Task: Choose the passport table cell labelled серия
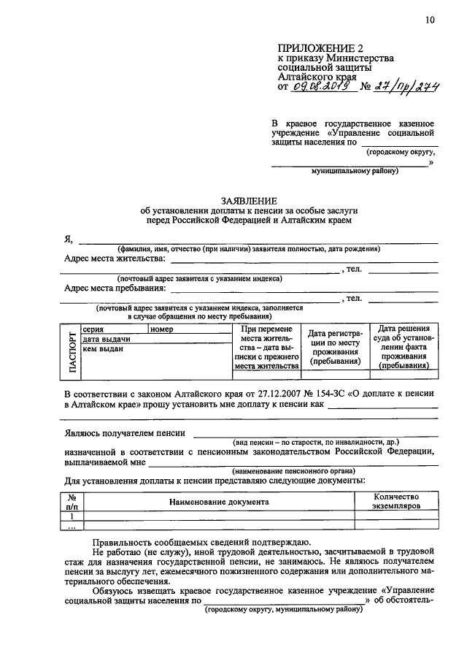[x=93, y=329]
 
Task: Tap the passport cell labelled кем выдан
[x=103, y=349]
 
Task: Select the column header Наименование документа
[x=219, y=502]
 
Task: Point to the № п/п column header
[x=72, y=500]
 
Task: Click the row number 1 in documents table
[x=72, y=515]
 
